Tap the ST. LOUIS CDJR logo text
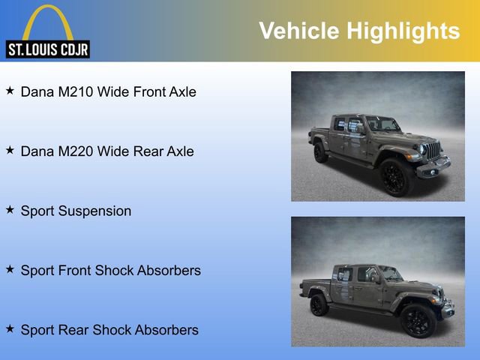[x=48, y=49]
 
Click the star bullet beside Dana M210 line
[x=10, y=91]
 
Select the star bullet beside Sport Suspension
[x=10, y=210]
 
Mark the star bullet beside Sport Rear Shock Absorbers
[x=10, y=328]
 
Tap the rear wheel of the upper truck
[x=320, y=152]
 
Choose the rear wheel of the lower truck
[x=319, y=304]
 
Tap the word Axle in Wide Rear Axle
[x=180, y=151]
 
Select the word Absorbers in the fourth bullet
[x=166, y=270]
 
